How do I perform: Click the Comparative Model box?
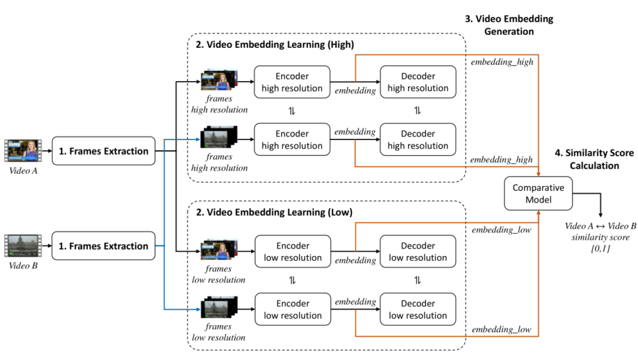537,193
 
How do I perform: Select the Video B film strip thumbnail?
22,245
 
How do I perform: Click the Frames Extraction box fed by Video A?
103,151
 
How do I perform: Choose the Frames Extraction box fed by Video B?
103,246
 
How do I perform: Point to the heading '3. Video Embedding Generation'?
509,25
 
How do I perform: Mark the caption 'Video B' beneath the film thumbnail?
22,266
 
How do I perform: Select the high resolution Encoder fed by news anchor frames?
292,82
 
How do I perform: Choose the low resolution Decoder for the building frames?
418,310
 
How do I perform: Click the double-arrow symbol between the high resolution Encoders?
292,111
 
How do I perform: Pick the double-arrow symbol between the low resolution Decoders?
418,280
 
